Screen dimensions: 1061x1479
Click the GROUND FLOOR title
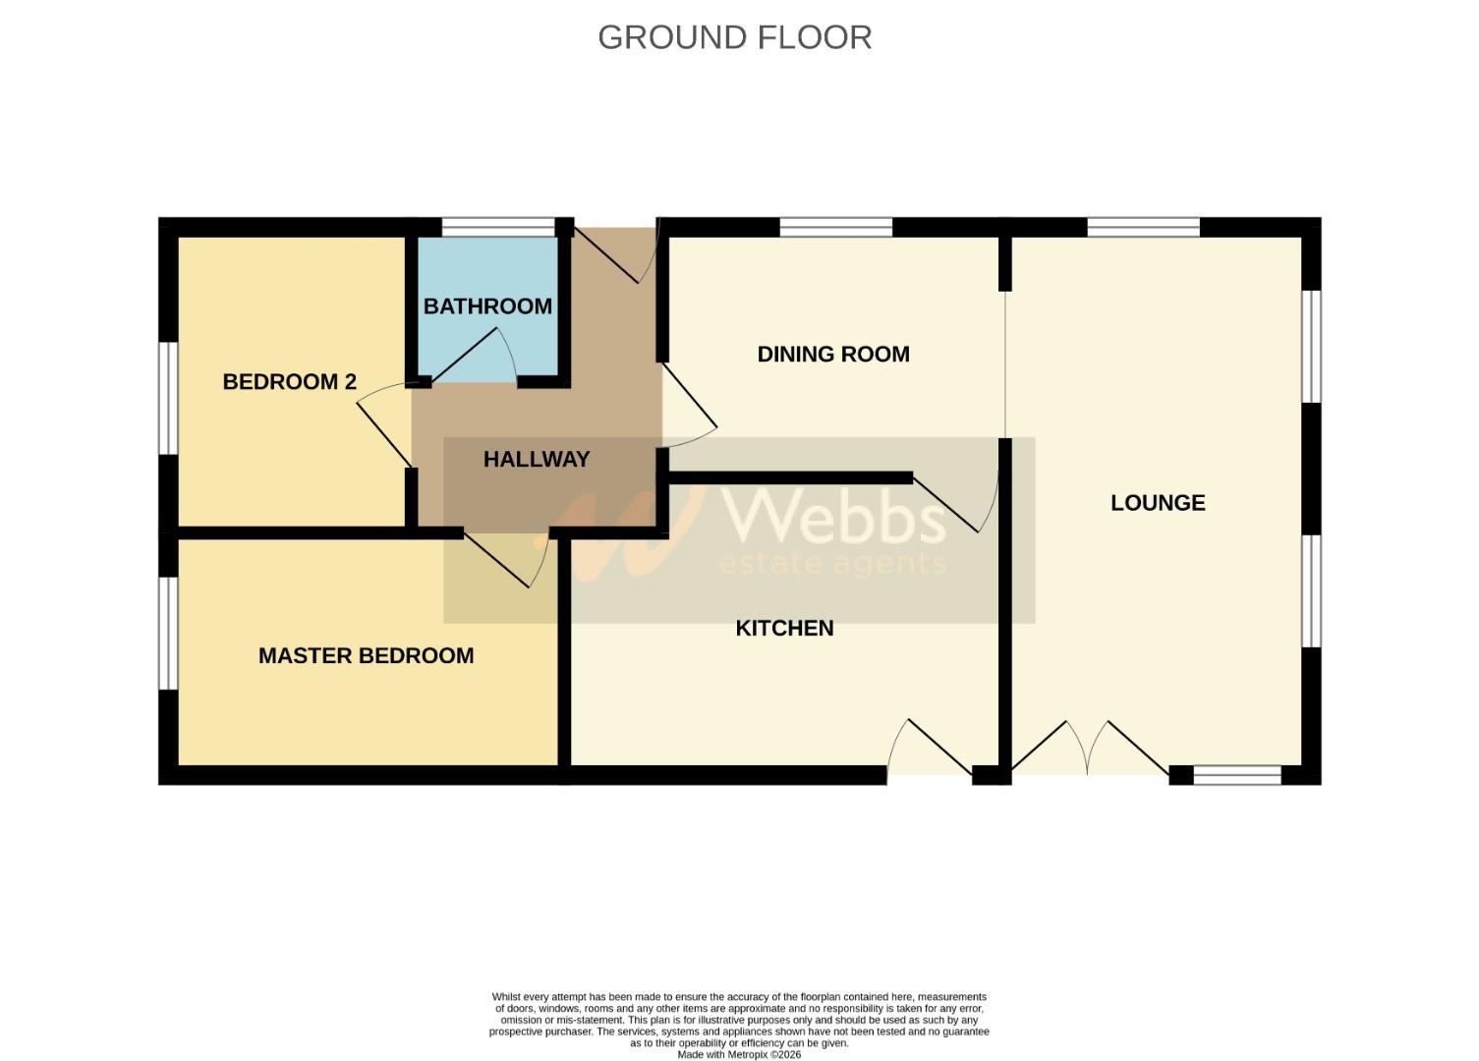pyautogui.click(x=734, y=37)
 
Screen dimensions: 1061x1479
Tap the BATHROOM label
pyautogui.click(x=487, y=307)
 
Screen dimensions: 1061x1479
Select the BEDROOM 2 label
pyautogui.click(x=289, y=382)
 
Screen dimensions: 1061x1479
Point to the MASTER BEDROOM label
pyautogui.click(x=366, y=656)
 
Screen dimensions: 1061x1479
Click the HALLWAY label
pyautogui.click(x=537, y=460)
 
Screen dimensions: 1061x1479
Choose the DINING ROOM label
pyautogui.click(x=833, y=355)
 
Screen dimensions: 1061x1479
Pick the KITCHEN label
pyautogui.click(x=784, y=629)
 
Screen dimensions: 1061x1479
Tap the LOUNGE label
pyautogui.click(x=1158, y=503)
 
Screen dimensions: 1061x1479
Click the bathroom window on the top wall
pyautogui.click(x=498, y=228)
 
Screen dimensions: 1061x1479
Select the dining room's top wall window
pyautogui.click(x=836, y=228)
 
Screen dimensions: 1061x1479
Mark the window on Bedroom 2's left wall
pyautogui.click(x=168, y=398)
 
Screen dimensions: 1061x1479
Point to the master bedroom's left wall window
pyautogui.click(x=168, y=634)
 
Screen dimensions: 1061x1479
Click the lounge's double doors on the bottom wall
pyautogui.click(x=1088, y=752)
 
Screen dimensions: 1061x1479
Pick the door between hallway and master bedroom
pyautogui.click(x=505, y=561)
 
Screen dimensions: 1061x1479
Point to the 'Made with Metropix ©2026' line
pyautogui.click(x=739, y=1054)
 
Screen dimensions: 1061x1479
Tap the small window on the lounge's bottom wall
pyautogui.click(x=1237, y=775)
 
